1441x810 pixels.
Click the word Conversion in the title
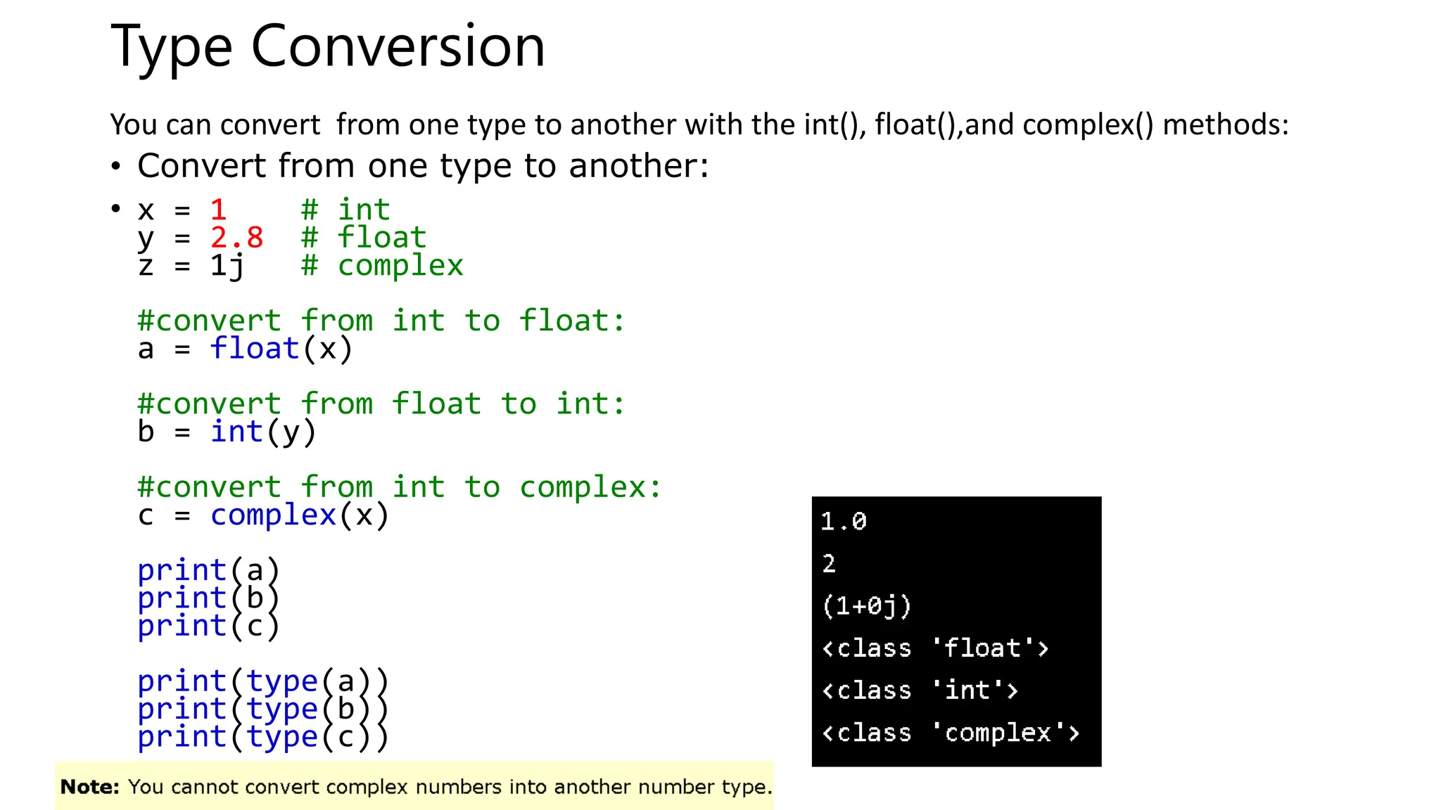[x=398, y=46]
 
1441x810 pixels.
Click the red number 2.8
[x=236, y=238]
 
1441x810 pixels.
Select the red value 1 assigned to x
[x=218, y=210]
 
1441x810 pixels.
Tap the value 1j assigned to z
[x=227, y=266]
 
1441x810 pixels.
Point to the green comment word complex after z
[x=400, y=266]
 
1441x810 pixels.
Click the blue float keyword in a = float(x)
[x=255, y=349]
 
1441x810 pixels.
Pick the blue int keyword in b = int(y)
[x=237, y=432]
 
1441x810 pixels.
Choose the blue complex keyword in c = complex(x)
[x=273, y=515]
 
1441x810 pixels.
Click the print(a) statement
[x=208, y=570]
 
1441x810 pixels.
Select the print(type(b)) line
[x=262, y=709]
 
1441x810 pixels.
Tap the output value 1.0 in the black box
[x=844, y=522]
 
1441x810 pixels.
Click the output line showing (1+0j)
[x=866, y=606]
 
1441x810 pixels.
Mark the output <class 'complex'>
[x=951, y=733]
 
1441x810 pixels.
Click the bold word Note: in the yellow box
[x=90, y=787]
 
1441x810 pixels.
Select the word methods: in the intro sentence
[x=1226, y=124]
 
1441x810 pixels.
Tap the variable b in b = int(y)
[x=146, y=432]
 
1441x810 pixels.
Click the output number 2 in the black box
[x=829, y=564]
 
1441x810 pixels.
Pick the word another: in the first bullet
[x=638, y=166]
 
